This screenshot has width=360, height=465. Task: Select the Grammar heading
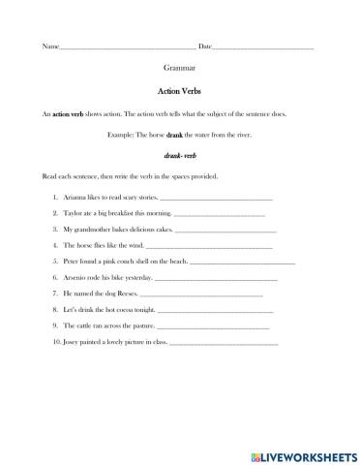pos(180,71)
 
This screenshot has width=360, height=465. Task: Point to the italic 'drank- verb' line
pos(180,155)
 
